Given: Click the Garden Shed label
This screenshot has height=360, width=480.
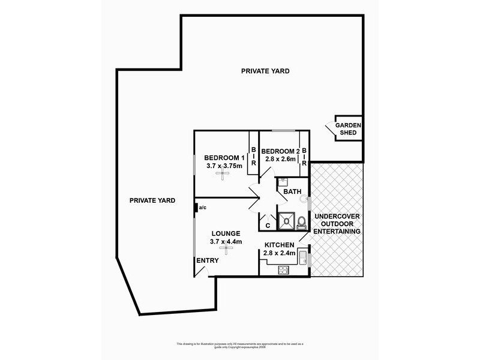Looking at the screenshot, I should click(x=349, y=128).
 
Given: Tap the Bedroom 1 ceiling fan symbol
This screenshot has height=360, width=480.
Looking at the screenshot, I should click(x=222, y=174).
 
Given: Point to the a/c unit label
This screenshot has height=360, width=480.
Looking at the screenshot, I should click(x=203, y=208).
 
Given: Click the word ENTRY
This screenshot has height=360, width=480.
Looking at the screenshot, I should click(x=207, y=260).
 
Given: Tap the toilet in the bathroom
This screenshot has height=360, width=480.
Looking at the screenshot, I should click(x=301, y=222).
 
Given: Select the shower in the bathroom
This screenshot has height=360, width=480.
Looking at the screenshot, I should click(x=287, y=220).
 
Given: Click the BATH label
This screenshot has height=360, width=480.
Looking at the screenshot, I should click(x=292, y=192).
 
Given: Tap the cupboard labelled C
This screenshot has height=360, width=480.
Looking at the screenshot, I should click(x=268, y=226).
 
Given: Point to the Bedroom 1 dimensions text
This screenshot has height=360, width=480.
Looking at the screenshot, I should click(x=224, y=166).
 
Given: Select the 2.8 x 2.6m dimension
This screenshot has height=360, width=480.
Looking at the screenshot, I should click(x=280, y=159).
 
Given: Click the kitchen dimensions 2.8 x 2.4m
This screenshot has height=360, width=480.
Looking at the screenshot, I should click(x=280, y=253).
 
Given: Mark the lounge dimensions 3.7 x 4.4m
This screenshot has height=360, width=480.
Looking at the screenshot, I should click(x=226, y=242).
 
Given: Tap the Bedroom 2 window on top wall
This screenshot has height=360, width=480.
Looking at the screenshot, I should click(x=283, y=131).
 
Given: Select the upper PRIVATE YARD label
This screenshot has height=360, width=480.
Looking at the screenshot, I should click(x=265, y=71).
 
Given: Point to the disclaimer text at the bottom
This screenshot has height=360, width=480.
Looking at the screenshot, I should click(x=240, y=345).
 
